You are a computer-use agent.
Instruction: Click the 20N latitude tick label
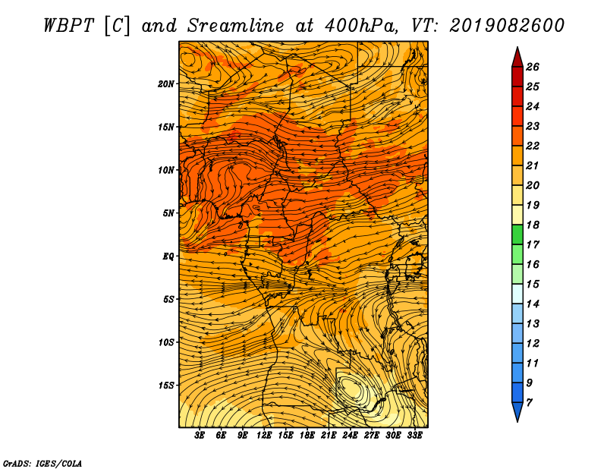[165, 84]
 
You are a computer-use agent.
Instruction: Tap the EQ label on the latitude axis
[168, 257]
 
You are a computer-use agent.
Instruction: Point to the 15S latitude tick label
[166, 386]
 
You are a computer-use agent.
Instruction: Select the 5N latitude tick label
[168, 213]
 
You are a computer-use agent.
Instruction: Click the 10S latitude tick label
[166, 342]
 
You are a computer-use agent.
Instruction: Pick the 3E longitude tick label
[200, 436]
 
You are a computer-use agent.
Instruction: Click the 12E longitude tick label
[263, 436]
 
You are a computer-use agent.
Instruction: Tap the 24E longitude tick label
[350, 436]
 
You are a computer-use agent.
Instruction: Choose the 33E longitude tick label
[414, 436]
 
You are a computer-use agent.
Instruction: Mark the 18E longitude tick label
[307, 436]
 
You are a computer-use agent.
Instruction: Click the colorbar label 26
[533, 67]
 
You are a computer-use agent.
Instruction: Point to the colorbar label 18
[533, 225]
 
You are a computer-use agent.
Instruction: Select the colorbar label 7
[529, 402]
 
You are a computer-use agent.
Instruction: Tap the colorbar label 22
[533, 146]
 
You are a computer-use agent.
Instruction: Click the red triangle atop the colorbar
[517, 58]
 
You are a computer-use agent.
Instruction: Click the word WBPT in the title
[68, 26]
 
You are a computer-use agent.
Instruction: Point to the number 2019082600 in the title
[507, 26]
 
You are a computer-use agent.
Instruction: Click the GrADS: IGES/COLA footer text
[42, 464]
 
